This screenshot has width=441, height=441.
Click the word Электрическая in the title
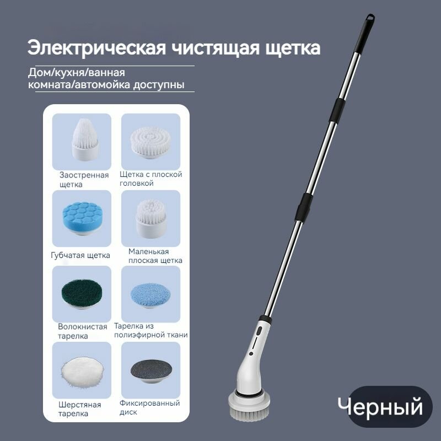coord(94,47)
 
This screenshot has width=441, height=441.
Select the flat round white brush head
coord(150,140)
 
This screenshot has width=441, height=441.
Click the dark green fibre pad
coord(80,292)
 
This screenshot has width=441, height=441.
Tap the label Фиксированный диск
coord(149,407)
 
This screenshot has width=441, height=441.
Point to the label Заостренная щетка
coord(84,180)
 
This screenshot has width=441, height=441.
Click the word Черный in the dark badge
coord(380,407)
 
